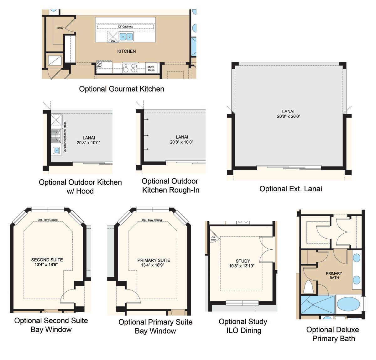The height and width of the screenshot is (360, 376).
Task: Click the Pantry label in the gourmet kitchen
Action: coord(59,28)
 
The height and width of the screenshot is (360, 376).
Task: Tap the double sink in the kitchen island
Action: coord(126,37)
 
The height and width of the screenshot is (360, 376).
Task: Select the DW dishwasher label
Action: coord(113,41)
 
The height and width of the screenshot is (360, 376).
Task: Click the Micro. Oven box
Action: coord(151,68)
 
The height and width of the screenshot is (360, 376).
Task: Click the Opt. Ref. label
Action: coord(100,65)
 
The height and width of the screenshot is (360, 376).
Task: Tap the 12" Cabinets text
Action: coord(125,27)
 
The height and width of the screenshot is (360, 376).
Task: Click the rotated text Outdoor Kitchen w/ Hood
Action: coord(65,137)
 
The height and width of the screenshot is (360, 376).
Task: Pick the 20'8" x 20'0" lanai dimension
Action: coord(289,116)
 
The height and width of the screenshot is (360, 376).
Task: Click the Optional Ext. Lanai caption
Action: coord(290,189)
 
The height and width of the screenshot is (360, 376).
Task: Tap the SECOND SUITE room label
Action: coord(47,260)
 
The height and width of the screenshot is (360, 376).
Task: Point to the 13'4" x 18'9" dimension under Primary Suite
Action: coord(153,265)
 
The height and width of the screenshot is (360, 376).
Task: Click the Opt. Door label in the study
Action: coord(213,238)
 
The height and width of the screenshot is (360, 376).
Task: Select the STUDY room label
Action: coord(243,261)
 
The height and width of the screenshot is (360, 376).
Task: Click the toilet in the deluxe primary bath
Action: coord(308,287)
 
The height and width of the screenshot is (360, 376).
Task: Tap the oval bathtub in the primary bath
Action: coord(348,304)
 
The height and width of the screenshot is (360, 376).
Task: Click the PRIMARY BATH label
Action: coord(334,276)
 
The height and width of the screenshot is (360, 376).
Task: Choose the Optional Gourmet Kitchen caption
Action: coord(122,89)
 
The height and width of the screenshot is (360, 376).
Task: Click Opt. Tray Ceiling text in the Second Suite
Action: coord(48,220)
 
